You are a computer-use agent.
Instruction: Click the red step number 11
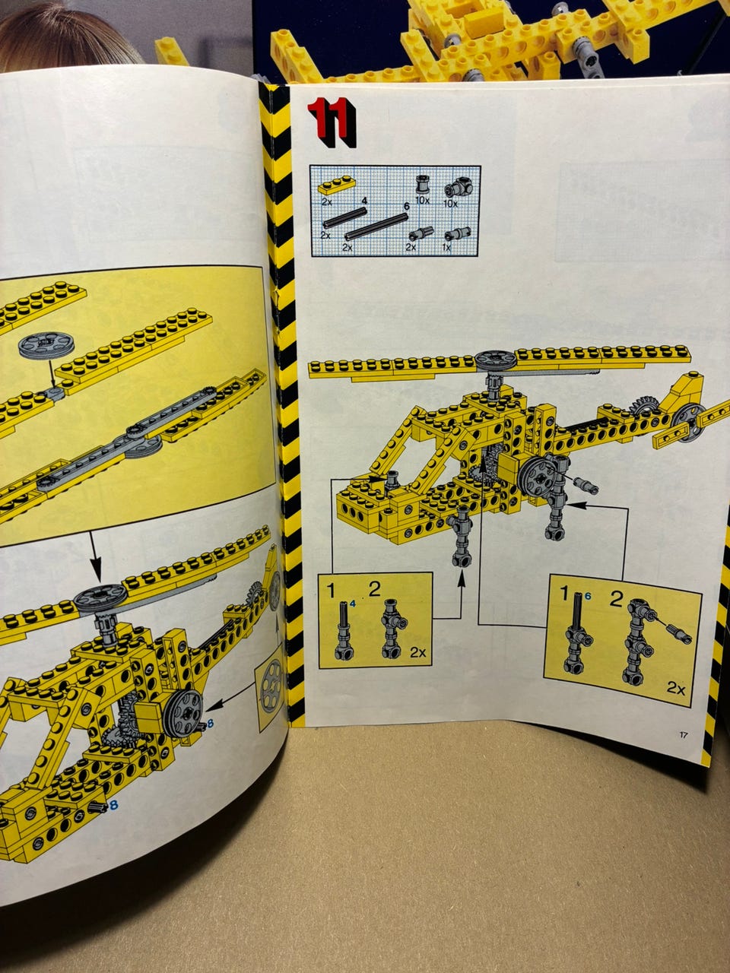(332, 122)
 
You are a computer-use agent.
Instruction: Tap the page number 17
(683, 735)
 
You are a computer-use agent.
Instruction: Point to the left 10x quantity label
(422, 201)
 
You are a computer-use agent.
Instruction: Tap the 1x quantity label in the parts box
(447, 247)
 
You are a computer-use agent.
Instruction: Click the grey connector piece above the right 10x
(456, 189)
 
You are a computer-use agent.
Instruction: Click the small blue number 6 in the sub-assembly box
(588, 597)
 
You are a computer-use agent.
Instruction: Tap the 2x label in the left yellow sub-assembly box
(417, 652)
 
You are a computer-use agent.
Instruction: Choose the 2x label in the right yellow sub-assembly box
(676, 689)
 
